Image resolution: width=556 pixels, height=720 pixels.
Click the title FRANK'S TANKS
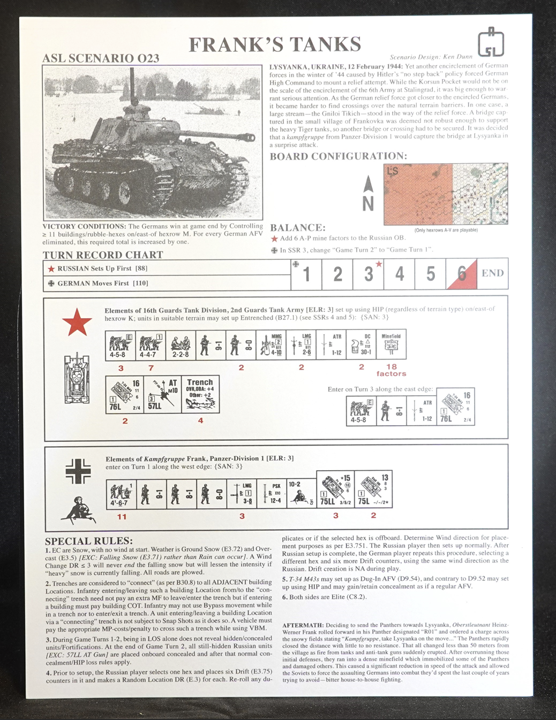click(x=275, y=45)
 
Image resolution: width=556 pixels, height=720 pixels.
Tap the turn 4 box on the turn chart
click(x=400, y=274)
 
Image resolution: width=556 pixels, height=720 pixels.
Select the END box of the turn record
click(x=492, y=273)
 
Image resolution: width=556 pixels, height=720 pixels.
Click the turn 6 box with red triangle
click(x=461, y=274)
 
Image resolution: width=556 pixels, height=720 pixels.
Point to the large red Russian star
click(x=77, y=323)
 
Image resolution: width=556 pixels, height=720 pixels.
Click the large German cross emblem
click(x=78, y=471)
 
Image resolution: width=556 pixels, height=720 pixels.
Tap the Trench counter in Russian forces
click(x=200, y=395)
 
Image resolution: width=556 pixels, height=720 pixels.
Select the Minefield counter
click(x=391, y=344)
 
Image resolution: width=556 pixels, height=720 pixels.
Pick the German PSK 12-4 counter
click(x=272, y=493)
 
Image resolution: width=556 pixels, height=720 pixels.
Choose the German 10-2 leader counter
click(x=301, y=493)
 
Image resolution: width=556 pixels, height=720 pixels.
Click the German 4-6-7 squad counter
click(x=121, y=493)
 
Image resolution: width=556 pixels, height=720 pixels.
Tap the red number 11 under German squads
click(x=122, y=517)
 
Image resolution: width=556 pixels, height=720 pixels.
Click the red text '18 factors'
click(x=391, y=370)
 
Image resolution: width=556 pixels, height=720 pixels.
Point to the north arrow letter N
click(x=368, y=204)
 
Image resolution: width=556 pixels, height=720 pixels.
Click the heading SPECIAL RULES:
click(x=89, y=541)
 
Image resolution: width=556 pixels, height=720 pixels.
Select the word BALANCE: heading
click(x=298, y=227)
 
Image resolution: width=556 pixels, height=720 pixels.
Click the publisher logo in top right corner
click(x=491, y=43)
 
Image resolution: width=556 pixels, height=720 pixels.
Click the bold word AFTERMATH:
click(x=303, y=625)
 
